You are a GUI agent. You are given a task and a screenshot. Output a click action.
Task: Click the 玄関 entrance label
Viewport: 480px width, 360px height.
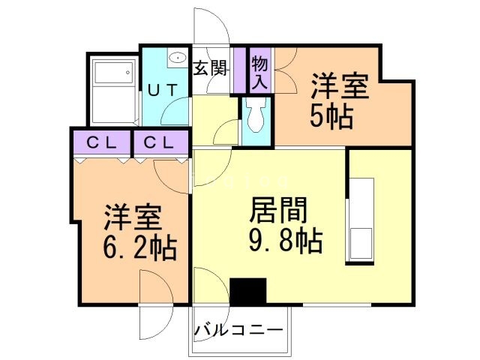coord(211,67)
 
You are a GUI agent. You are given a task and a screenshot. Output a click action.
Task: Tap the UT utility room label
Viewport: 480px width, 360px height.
coord(162,89)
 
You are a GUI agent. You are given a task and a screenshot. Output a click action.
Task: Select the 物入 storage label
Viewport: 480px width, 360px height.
coord(259,71)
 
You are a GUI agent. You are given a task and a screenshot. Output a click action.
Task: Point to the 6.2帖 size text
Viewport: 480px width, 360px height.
coord(140,246)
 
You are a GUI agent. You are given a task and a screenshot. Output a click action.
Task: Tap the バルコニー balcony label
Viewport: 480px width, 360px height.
coord(239,330)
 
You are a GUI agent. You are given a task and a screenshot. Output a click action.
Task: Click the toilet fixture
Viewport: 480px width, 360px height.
coord(253,115)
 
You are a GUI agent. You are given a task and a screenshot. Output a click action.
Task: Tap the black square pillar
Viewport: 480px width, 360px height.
coord(248,291)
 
